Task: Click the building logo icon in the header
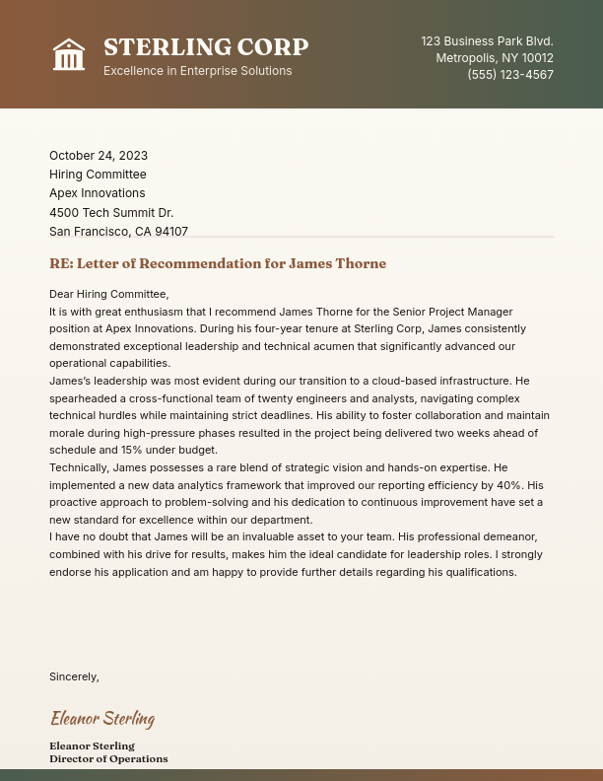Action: click(x=69, y=54)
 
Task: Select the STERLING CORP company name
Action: click(x=206, y=47)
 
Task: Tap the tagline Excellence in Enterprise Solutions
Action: click(x=197, y=71)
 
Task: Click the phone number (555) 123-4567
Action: click(x=509, y=75)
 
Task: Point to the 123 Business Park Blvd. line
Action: click(x=487, y=41)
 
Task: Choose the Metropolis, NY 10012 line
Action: click(x=495, y=58)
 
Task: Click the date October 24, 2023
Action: click(x=99, y=156)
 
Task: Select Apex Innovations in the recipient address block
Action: click(x=97, y=193)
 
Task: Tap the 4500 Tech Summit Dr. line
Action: click(x=111, y=213)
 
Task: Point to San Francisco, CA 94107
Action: click(x=118, y=232)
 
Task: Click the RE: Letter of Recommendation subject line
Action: click(x=218, y=263)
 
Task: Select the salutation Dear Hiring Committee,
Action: click(x=108, y=294)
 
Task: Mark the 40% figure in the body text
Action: click(x=508, y=485)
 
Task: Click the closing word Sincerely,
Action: click(x=74, y=676)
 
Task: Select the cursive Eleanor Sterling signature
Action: click(x=102, y=718)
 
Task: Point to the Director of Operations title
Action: click(x=108, y=759)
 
